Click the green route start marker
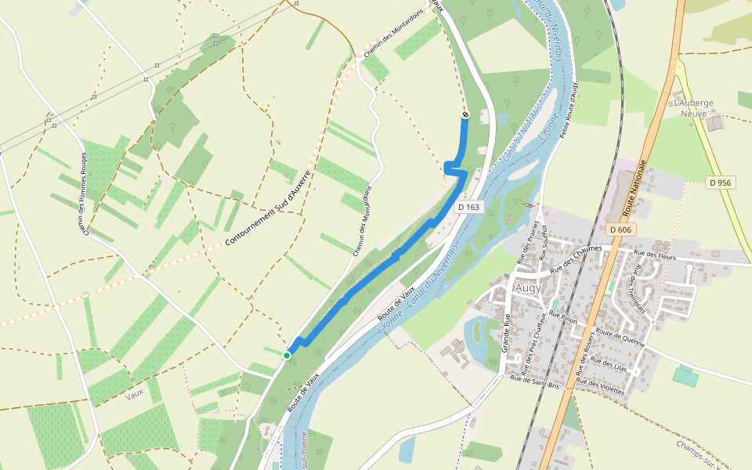pos(287,356)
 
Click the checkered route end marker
pos(465,116)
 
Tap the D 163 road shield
pos(468,207)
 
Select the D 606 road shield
pos(620,229)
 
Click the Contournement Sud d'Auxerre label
pos(268,208)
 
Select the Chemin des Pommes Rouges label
pos(82,193)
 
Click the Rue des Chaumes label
pos(577,258)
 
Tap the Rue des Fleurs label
pos(655,254)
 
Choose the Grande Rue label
pos(506,334)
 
